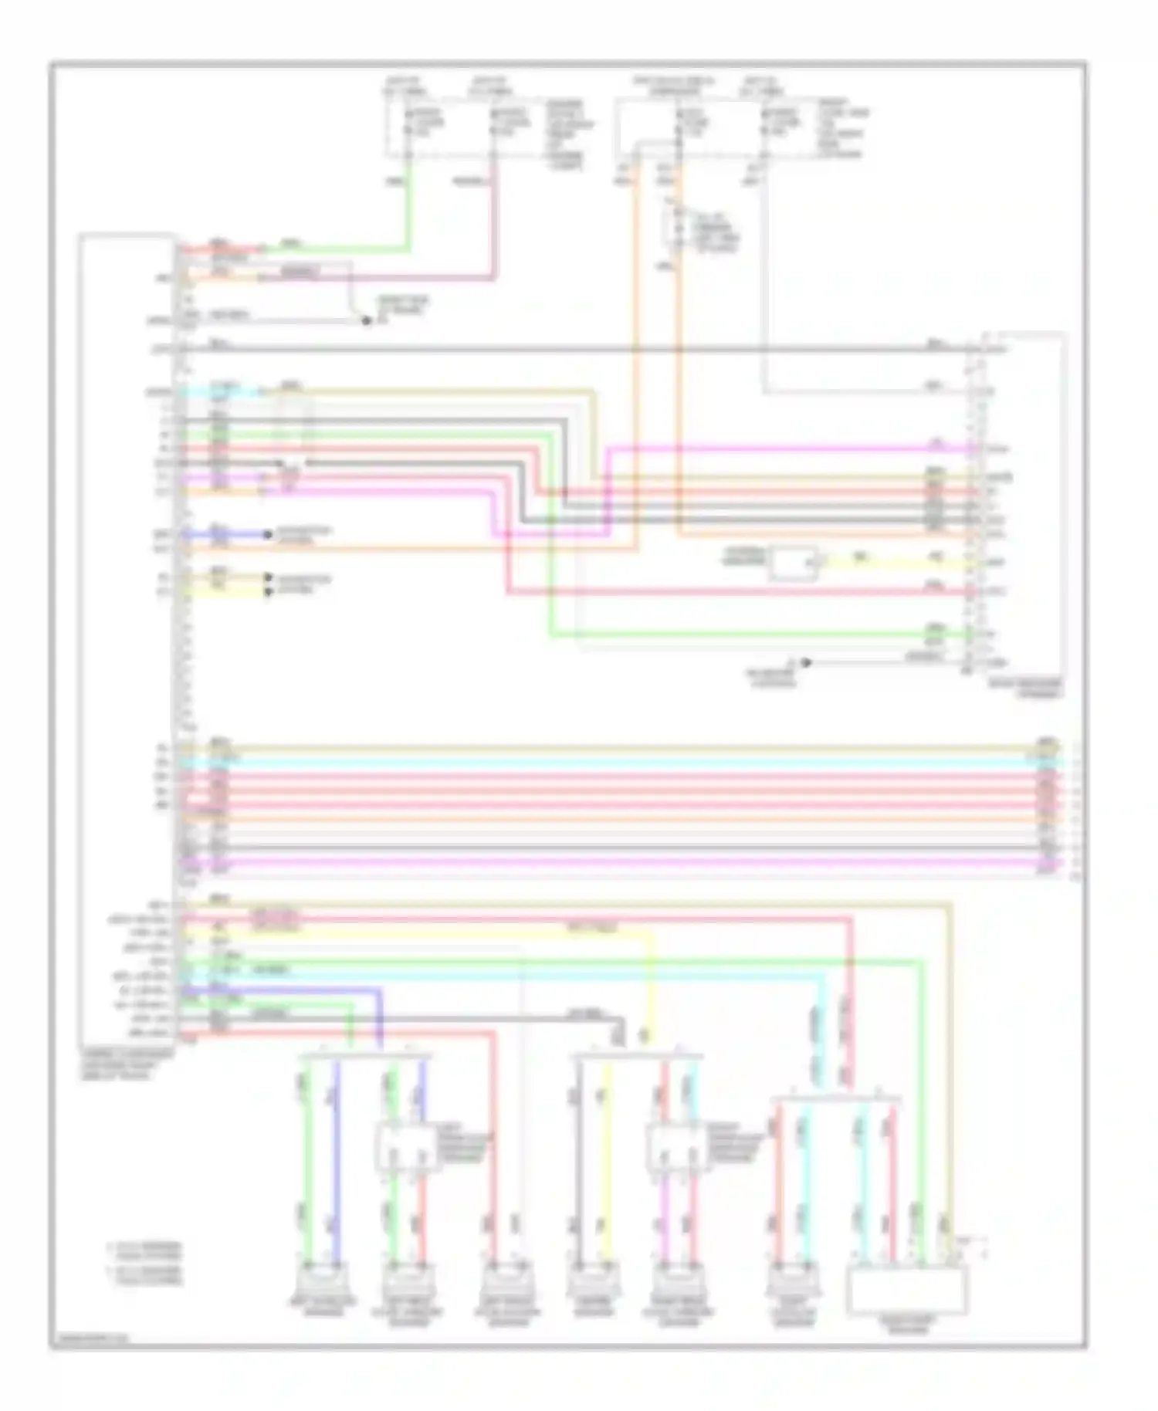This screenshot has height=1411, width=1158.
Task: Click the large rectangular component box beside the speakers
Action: [x=907, y=1290]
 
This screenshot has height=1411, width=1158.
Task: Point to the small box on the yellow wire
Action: [x=793, y=563]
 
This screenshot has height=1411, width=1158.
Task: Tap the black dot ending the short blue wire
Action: [x=268, y=534]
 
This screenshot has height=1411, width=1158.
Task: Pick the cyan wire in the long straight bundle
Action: [x=618, y=762]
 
